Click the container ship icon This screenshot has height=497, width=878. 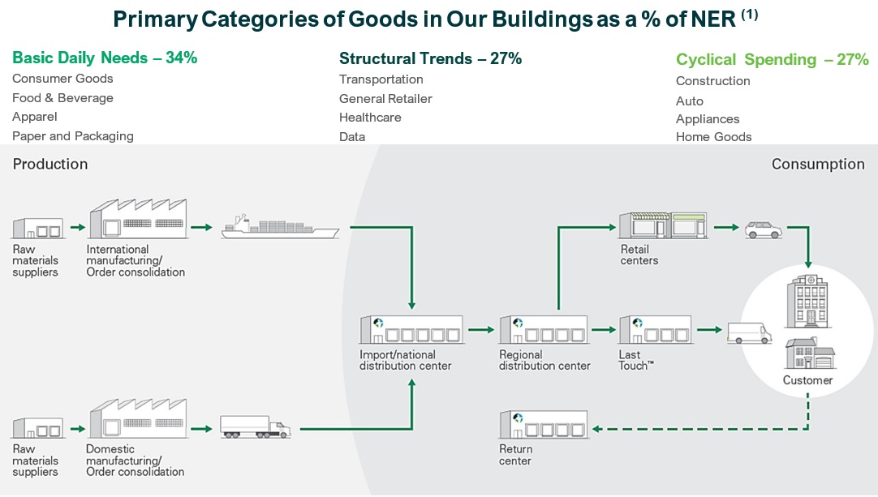(x=280, y=226)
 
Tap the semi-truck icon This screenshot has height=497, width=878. (x=256, y=426)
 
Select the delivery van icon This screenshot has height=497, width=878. (x=749, y=333)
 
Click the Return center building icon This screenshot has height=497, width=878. (x=543, y=424)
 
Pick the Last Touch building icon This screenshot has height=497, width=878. (x=656, y=329)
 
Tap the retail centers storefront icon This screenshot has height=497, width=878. (x=662, y=225)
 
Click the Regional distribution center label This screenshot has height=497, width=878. (x=544, y=361)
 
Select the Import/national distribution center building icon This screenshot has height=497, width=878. (x=411, y=329)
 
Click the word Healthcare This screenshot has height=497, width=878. (x=370, y=118)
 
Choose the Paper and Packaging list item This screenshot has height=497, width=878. (x=73, y=136)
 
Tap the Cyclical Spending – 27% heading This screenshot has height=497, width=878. (x=773, y=59)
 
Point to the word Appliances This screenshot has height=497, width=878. (x=708, y=119)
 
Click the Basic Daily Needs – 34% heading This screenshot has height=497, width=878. (x=105, y=58)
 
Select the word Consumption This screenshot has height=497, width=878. (x=818, y=164)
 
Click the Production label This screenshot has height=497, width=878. (x=50, y=164)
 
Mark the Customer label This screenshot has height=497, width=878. (x=807, y=380)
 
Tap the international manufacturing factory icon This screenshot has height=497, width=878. (x=138, y=219)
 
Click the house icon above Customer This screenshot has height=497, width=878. (x=810, y=353)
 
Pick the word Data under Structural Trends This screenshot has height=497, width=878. (x=352, y=136)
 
